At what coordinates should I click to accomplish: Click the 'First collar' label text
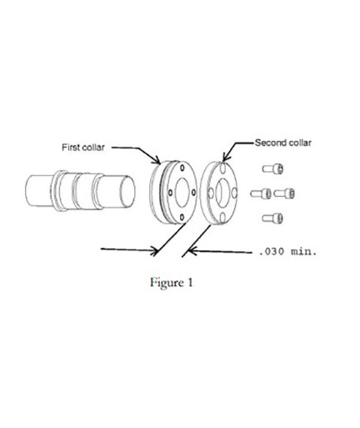pos(83,147)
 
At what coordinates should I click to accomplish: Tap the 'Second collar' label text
pos(282,143)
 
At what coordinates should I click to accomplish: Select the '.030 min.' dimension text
pos(287,252)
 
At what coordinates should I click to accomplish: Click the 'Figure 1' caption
pos(172,283)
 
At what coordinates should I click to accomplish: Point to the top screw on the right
pos(272,169)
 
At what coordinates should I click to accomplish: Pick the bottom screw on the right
pos(272,219)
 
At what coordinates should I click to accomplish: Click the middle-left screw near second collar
pos(261,194)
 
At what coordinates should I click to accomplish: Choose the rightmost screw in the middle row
pos(284,194)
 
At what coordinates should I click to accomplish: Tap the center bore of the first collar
pos(182,193)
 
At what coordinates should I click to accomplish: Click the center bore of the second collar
pos(221,192)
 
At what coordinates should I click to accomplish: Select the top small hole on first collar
pos(182,168)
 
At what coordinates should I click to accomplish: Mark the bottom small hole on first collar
pos(182,217)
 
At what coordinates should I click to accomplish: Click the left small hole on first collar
pos(170,193)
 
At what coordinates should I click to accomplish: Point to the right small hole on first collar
pos(193,193)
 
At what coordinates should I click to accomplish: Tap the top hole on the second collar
pos(223,168)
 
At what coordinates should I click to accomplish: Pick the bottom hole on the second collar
pos(222,218)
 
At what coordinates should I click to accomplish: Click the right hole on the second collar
pos(234,193)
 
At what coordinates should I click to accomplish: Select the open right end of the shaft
pos(127,191)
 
